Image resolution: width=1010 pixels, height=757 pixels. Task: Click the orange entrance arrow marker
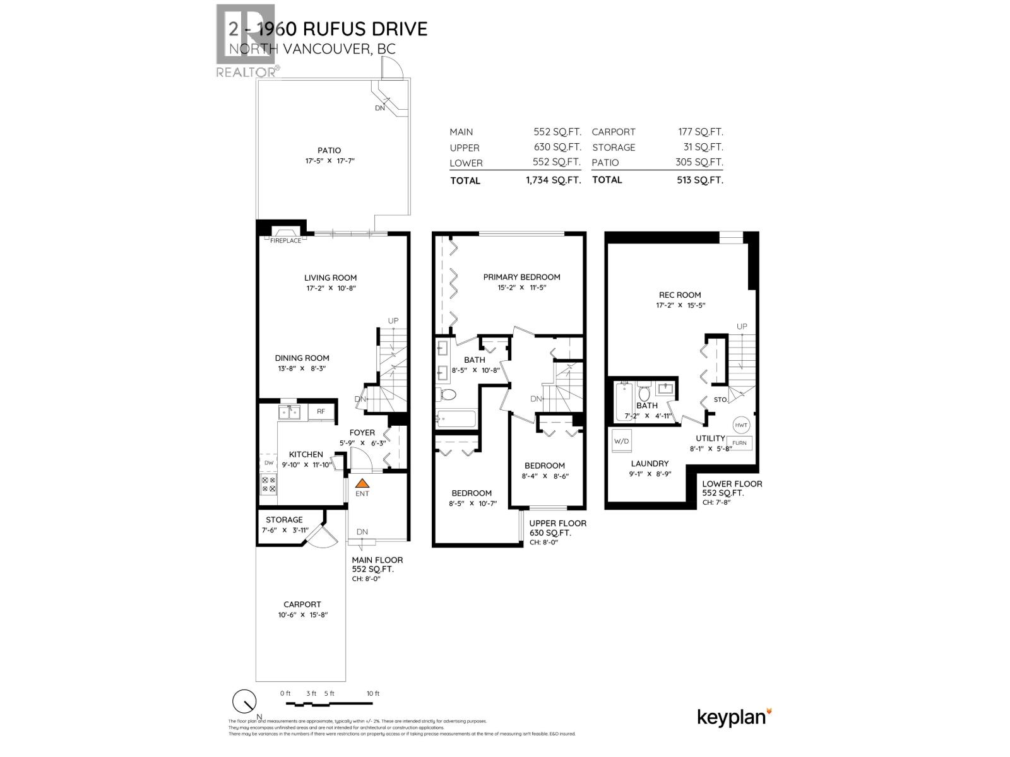tap(362, 483)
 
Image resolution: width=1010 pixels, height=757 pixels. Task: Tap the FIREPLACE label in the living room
tap(286, 240)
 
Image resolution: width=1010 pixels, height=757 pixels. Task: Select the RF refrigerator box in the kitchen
tap(321, 412)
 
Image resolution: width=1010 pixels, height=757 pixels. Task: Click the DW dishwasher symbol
tap(268, 462)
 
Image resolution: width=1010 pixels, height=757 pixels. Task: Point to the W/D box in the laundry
tap(621, 441)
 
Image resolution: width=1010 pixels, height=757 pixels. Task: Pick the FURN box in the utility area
tap(739, 443)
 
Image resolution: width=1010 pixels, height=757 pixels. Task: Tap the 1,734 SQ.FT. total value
tap(554, 180)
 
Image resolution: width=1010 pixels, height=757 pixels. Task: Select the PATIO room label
tap(329, 150)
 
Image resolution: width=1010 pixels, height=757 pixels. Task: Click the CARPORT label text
tap(302, 604)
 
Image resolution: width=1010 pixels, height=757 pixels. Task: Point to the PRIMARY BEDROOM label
tap(521, 277)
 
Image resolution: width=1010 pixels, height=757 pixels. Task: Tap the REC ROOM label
tap(680, 295)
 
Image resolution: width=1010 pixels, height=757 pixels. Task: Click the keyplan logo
tap(734, 718)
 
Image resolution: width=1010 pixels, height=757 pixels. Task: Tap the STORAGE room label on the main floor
tap(284, 520)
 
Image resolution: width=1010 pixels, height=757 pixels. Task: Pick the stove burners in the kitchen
tap(268, 484)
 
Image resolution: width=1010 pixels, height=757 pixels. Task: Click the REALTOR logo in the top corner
tap(246, 41)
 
